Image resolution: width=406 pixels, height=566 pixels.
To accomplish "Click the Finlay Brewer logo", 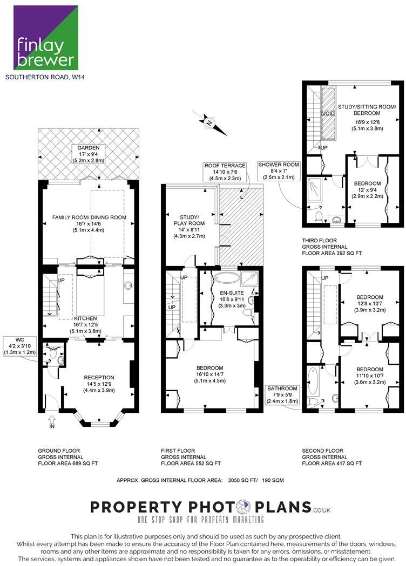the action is [x=45, y=38].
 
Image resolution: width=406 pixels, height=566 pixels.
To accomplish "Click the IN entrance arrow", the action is [x=52, y=419].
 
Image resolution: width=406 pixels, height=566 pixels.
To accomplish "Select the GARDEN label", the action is [x=89, y=148].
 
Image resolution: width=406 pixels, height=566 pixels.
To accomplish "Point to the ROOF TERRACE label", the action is [x=225, y=166].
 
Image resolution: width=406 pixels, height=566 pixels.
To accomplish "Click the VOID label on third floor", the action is [x=328, y=113].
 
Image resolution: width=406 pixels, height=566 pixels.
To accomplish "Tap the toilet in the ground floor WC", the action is [x=53, y=353].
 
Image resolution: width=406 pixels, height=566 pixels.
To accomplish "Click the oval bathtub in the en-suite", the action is [x=226, y=277].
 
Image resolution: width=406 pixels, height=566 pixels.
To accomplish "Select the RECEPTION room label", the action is [x=99, y=378].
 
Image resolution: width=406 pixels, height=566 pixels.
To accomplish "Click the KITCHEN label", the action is [x=86, y=318].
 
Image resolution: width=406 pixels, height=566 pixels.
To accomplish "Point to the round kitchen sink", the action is [x=127, y=286].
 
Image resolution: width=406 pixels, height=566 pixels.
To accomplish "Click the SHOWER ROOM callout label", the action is [x=279, y=165].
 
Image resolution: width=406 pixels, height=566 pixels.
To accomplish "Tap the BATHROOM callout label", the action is [x=282, y=388].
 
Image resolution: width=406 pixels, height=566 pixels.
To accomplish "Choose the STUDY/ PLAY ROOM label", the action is [x=190, y=220].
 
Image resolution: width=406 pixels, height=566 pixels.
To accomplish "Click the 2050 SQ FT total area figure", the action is [x=242, y=480].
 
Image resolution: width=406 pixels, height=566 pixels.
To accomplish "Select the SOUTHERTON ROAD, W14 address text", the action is [x=45, y=77].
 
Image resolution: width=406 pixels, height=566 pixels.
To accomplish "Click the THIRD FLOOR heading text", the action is [x=319, y=241].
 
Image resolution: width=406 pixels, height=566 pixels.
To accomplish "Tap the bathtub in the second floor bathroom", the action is [x=312, y=381].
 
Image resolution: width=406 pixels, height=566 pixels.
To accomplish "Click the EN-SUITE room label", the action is [x=232, y=293].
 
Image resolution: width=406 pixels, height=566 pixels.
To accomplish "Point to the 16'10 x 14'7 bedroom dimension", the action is [x=210, y=374].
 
